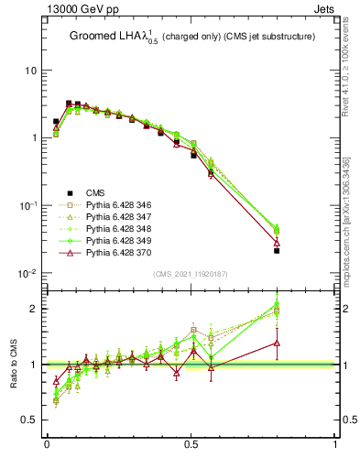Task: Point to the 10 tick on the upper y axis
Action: click(32, 71)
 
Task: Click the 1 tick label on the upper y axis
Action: click(35, 138)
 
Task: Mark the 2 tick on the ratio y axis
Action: click(35, 309)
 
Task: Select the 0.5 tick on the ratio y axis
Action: click(30, 420)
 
